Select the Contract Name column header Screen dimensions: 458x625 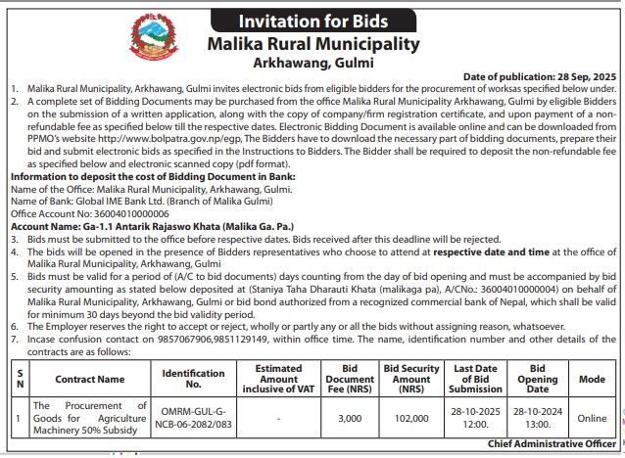point(90,377)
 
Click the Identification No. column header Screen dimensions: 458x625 point(193,377)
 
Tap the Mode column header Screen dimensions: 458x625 point(591,377)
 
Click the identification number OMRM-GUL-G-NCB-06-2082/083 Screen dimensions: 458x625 point(193,416)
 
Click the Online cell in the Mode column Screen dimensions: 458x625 point(591,416)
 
